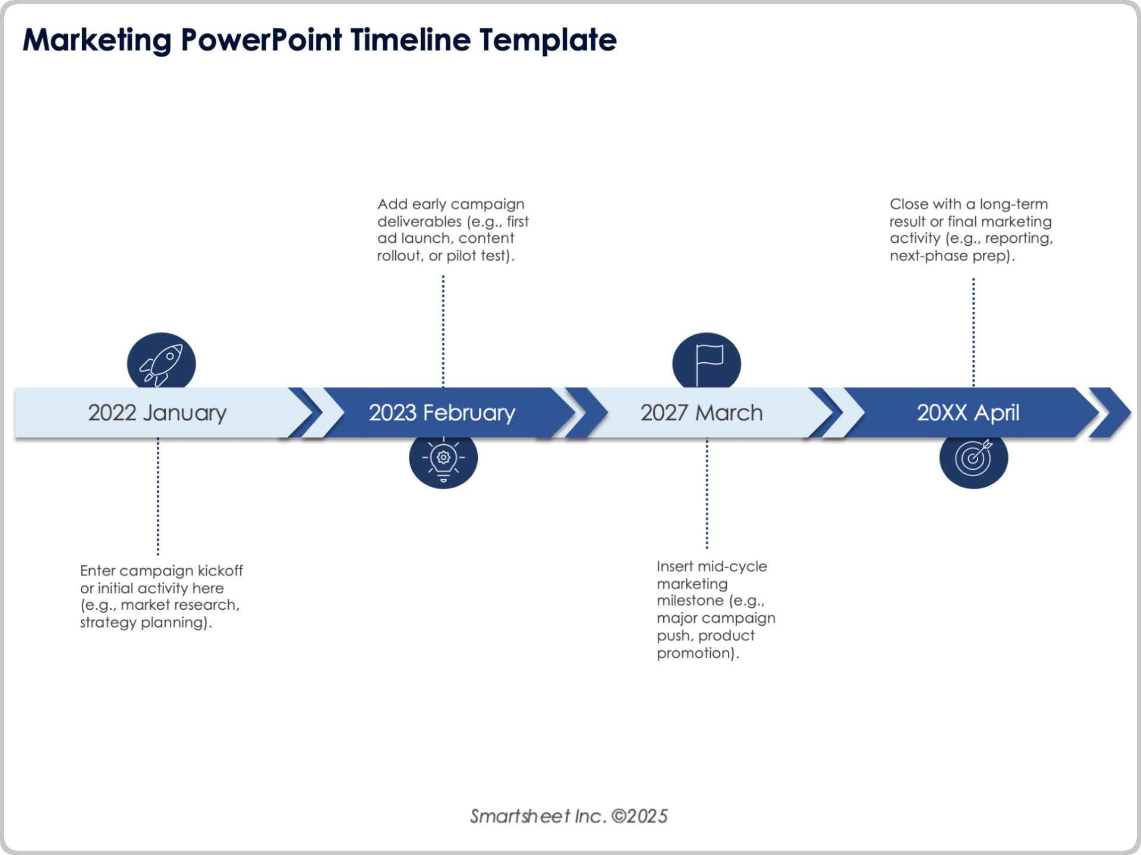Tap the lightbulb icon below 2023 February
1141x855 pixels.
[443, 460]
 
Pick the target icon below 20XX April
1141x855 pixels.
[973, 460]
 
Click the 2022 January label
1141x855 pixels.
[157, 413]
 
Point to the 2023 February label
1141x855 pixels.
[442, 413]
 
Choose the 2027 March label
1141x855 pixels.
[701, 413]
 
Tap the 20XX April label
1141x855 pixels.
[967, 413]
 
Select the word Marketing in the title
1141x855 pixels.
[97, 40]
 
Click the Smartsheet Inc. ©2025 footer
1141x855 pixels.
[569, 816]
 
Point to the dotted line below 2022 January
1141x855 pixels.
[158, 496]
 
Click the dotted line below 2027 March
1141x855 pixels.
[707, 493]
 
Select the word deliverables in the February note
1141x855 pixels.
[419, 221]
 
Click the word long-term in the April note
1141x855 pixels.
[1014, 204]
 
